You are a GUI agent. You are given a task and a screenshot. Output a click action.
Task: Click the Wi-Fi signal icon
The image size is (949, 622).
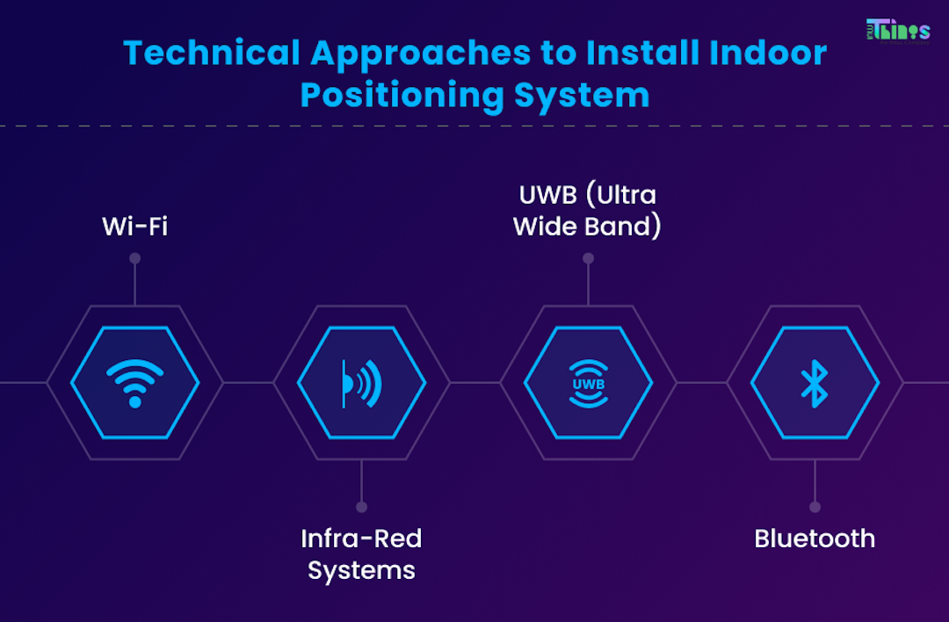[x=134, y=383]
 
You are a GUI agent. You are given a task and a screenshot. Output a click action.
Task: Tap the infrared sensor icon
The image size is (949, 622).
[x=361, y=383]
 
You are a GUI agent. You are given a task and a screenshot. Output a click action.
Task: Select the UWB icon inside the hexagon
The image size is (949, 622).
[x=588, y=383]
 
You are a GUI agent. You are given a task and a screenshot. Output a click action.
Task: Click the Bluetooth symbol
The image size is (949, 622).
[x=815, y=383]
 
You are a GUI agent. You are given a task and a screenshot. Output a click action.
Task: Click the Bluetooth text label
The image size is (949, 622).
[x=815, y=538]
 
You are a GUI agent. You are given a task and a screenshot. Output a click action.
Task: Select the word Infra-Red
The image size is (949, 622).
[x=361, y=538]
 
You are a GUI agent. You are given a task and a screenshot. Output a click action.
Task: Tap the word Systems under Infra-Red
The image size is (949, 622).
[x=361, y=570]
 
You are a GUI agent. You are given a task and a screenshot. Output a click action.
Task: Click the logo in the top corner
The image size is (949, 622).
[x=897, y=29]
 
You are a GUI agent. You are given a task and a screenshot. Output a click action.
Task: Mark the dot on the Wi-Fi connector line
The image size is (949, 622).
[x=134, y=258]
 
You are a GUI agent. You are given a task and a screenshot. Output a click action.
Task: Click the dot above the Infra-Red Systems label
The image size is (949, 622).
[x=361, y=507]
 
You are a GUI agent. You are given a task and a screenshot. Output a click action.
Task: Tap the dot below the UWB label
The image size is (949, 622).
[x=588, y=258]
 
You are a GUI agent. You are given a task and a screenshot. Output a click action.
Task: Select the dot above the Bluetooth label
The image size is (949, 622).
[x=815, y=507]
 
